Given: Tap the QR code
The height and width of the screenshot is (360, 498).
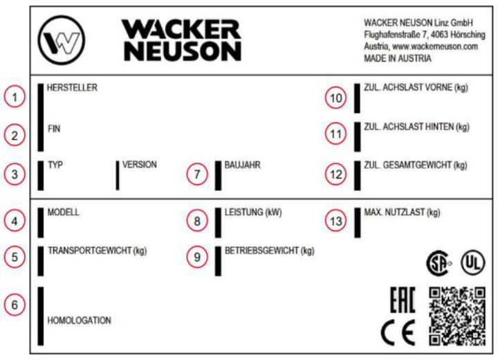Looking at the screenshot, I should [x=457, y=315].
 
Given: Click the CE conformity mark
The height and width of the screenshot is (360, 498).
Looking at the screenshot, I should [x=398, y=334].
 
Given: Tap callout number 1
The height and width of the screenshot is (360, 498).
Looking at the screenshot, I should [x=15, y=98].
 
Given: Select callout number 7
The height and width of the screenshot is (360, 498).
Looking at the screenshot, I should [x=199, y=174].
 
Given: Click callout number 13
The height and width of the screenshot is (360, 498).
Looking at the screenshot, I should [x=336, y=221].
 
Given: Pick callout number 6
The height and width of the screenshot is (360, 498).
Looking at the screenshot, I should [x=15, y=304].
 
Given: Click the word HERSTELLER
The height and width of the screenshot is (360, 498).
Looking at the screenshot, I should [x=72, y=88].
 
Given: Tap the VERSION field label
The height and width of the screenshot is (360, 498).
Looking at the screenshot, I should [x=139, y=165].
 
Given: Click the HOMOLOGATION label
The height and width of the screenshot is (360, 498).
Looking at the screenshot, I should [x=79, y=321].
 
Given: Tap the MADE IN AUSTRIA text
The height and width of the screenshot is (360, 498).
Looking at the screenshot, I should [x=397, y=59].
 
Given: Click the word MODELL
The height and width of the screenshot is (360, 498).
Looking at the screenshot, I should [x=63, y=212].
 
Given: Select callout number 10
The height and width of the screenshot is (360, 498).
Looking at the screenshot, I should [x=336, y=98].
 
